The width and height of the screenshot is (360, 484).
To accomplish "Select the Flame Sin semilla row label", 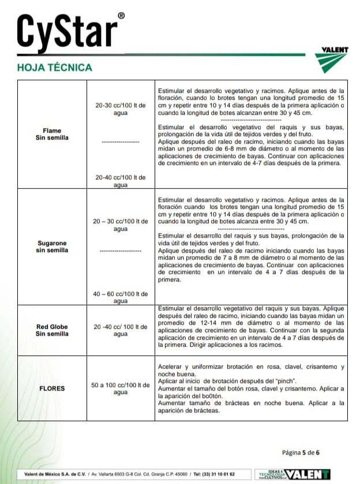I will point(52,134).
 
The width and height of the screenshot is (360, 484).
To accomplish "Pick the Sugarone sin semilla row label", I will point(52,247).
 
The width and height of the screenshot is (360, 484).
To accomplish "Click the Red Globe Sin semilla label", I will point(52,330).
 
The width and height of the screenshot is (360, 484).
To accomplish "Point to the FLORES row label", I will point(52,388).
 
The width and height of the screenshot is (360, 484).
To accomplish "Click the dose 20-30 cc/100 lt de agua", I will point(121,109).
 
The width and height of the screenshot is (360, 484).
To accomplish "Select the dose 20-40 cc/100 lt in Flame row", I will point(121,181).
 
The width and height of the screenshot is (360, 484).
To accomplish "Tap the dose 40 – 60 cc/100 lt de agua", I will point(121,297).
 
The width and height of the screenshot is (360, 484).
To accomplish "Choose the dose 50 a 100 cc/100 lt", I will point(121,388).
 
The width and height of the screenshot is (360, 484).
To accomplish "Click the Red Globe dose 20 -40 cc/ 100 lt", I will point(121,330).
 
